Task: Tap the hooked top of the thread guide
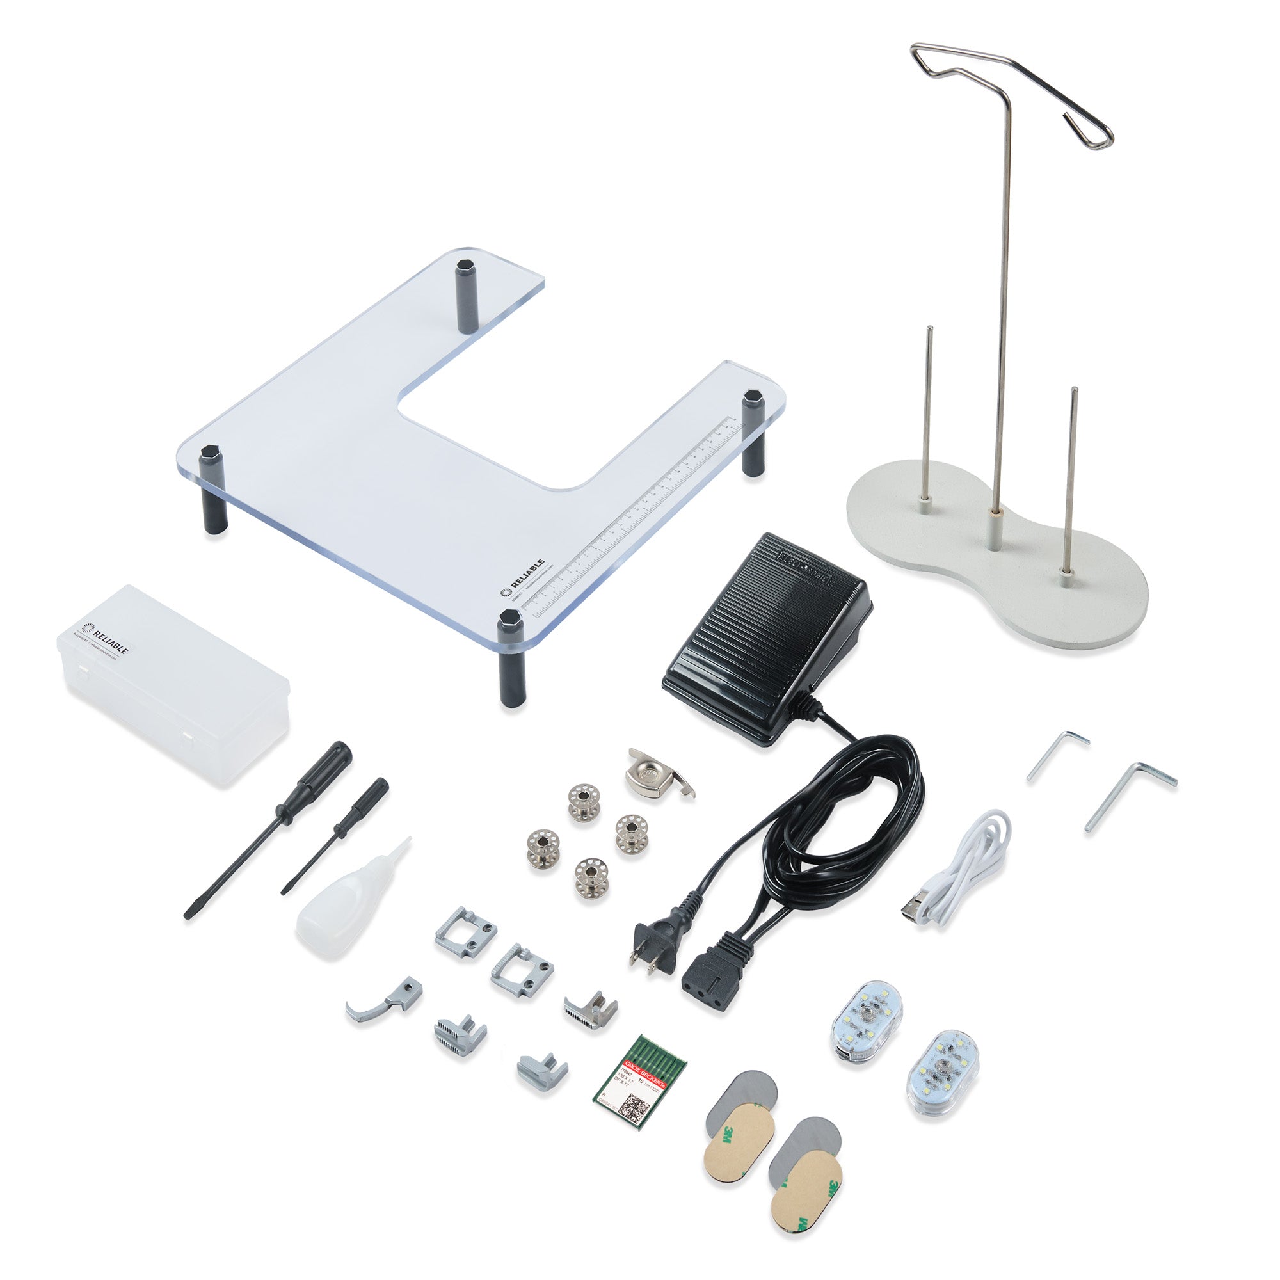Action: (x=1087, y=132)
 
